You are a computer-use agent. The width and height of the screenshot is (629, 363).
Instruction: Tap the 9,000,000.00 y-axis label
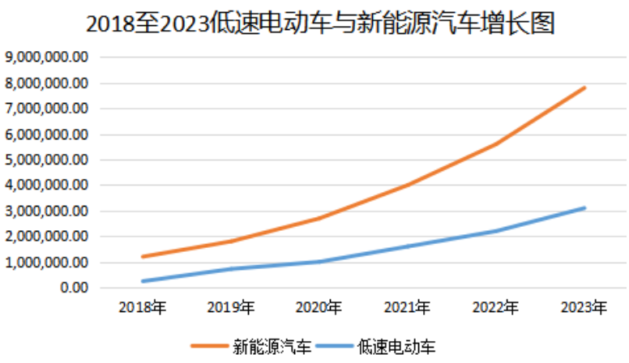click(46, 58)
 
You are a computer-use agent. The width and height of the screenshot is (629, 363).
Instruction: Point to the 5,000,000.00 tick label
click(46, 160)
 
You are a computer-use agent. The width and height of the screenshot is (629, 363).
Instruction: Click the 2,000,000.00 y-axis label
click(46, 237)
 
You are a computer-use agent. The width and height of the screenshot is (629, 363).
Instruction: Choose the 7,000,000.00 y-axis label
click(46, 109)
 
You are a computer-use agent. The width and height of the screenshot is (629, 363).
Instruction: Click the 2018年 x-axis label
click(143, 308)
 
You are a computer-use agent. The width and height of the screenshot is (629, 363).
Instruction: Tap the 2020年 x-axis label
click(319, 308)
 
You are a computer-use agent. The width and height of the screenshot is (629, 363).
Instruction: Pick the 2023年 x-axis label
click(584, 308)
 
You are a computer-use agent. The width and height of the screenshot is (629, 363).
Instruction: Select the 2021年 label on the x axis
click(408, 308)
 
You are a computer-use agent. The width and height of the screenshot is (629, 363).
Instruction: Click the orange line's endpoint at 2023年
click(584, 88)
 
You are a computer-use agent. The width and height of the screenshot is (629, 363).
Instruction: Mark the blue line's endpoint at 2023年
click(584, 208)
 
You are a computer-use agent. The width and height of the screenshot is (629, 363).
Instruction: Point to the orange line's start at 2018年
click(143, 257)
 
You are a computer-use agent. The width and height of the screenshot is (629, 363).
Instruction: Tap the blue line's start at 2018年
click(143, 281)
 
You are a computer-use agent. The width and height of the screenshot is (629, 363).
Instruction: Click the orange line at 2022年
click(496, 143)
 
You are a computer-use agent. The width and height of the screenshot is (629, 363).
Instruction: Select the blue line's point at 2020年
click(319, 262)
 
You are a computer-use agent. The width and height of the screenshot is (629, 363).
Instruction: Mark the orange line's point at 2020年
click(319, 218)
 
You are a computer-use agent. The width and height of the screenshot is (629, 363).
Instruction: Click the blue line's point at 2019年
click(231, 269)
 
